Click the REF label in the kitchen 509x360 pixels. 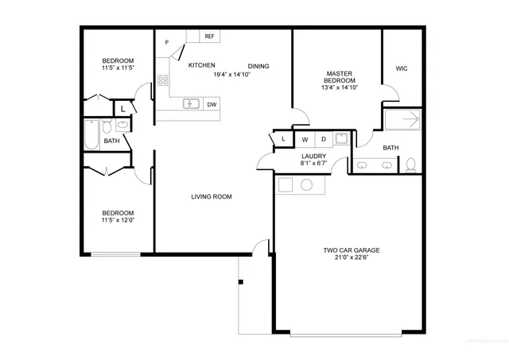[210, 37]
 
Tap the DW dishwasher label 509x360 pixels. [212, 104]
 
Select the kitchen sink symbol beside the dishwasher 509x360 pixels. [191, 103]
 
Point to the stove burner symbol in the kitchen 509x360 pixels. [163, 79]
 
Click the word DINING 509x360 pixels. [258, 66]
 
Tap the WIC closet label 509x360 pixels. [402, 68]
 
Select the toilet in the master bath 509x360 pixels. [411, 165]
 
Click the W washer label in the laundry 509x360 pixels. [304, 139]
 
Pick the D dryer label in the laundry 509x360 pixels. [323, 139]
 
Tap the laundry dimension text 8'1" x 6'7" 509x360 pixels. [313, 163]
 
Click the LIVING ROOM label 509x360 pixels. [212, 196]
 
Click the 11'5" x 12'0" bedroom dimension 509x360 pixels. [117, 220]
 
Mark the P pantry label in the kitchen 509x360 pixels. [167, 42]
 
